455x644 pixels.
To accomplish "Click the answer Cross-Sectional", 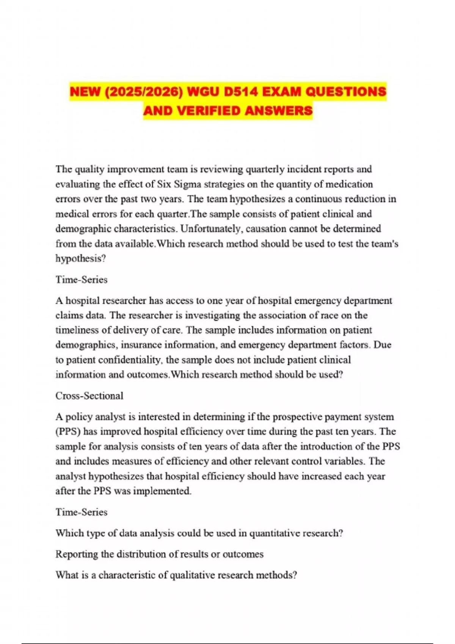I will pyautogui.click(x=89, y=396).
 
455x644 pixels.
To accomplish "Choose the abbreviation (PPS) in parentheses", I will pyautogui.click(x=68, y=431).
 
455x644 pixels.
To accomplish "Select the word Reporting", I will pyautogui.click(x=77, y=554).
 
